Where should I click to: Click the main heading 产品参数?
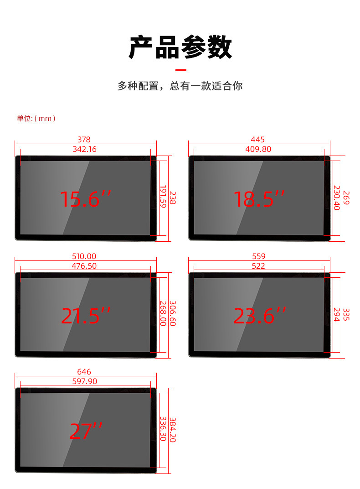[180, 47]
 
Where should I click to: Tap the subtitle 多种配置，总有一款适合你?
[180, 86]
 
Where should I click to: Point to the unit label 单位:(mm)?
[36, 119]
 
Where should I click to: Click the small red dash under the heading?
[181, 70]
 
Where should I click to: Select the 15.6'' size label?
[86, 199]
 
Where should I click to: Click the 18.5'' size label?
[259, 199]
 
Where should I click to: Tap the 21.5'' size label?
[86, 316]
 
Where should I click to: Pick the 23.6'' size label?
[259, 316]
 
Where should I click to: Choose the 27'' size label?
[86, 431]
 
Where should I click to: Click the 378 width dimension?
[84, 140]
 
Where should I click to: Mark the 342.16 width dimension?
[84, 149]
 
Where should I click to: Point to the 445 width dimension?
[257, 140]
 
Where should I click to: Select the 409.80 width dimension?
[258, 149]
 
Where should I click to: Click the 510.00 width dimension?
[84, 256]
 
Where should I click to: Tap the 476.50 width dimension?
[84, 266]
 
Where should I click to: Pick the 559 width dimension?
[258, 256]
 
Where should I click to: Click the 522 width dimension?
[258, 266]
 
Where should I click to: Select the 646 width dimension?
[84, 372]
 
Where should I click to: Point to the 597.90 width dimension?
[84, 381]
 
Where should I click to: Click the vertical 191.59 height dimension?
[163, 197]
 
